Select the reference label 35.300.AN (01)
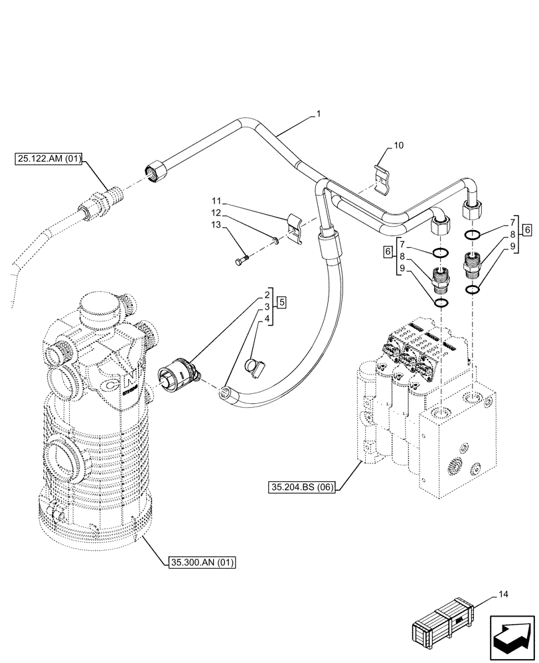[x=199, y=563]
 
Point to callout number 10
[x=398, y=145]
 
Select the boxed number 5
[x=282, y=302]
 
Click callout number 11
[x=217, y=200]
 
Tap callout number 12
[x=217, y=212]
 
